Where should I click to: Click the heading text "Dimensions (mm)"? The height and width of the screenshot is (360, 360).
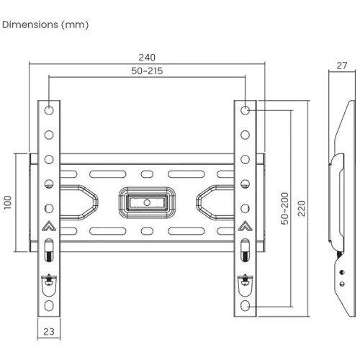point(45,24)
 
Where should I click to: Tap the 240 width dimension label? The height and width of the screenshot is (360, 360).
point(147,58)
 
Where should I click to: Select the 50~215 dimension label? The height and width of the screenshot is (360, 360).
point(147,71)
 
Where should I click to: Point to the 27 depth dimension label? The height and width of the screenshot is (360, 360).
point(342,66)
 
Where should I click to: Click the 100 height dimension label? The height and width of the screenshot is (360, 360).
point(8,202)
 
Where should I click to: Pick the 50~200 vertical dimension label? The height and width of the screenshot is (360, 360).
point(284,208)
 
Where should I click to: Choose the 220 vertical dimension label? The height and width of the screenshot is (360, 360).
point(302,208)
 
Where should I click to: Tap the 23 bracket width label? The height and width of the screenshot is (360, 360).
point(49,331)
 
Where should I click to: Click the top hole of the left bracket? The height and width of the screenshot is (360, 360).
point(49,110)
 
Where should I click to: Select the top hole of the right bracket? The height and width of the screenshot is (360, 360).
point(245,110)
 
